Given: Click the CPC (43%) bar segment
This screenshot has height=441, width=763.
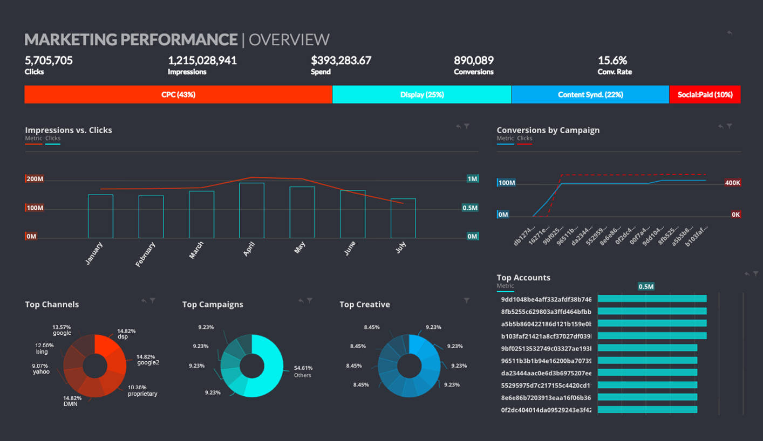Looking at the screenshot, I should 178,94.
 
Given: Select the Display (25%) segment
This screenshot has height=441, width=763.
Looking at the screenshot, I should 422,94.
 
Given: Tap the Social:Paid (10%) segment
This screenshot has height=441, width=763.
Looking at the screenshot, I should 705,94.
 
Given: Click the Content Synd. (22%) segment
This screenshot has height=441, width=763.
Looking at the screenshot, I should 590,94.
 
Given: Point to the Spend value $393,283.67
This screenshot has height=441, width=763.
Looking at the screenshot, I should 341,60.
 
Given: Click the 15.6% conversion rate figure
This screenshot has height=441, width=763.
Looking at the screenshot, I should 612,60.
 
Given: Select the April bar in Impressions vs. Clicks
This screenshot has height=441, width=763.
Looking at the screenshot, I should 251,210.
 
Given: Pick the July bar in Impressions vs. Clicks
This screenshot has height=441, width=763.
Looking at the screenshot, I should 403,218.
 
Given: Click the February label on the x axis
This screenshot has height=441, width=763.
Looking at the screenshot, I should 145,254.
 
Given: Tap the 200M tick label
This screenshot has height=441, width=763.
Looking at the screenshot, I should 35,179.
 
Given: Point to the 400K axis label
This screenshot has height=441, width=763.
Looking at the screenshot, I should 732,183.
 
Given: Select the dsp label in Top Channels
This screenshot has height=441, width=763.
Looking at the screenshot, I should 122,337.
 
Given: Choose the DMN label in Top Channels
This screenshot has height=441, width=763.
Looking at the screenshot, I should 71,404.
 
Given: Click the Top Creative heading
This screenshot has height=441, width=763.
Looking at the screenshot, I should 365,305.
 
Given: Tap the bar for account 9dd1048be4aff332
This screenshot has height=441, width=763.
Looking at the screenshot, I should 652,299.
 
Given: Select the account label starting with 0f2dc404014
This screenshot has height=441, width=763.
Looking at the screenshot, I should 546,410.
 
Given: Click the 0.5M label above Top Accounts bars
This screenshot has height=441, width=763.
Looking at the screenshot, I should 646,287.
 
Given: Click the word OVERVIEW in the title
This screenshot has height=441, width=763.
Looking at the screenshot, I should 289,40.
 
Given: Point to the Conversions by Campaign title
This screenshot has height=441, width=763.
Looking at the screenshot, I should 548,130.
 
